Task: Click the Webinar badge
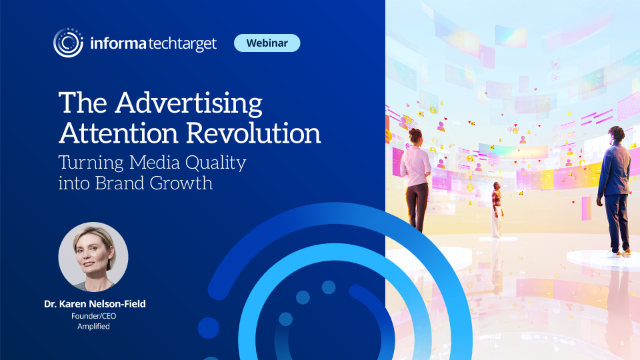coord(267,43)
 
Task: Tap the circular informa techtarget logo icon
coord(68,43)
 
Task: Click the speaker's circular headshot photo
coord(93,256)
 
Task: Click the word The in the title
coord(77,103)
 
